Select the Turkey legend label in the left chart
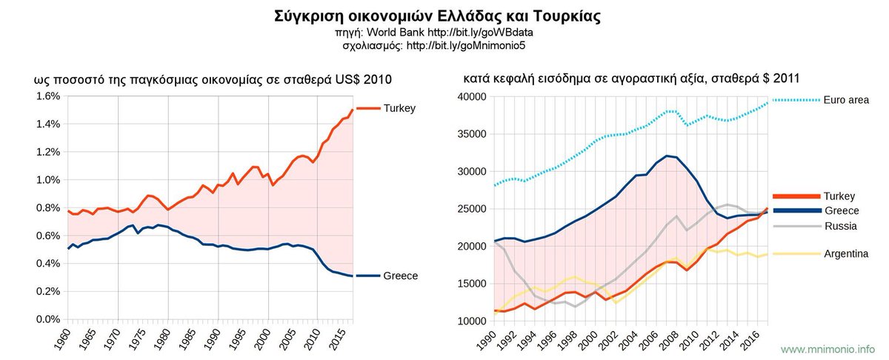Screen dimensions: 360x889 click(399, 108)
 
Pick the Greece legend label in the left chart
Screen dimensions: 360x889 click(401, 276)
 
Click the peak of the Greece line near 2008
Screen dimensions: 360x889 click(667, 156)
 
